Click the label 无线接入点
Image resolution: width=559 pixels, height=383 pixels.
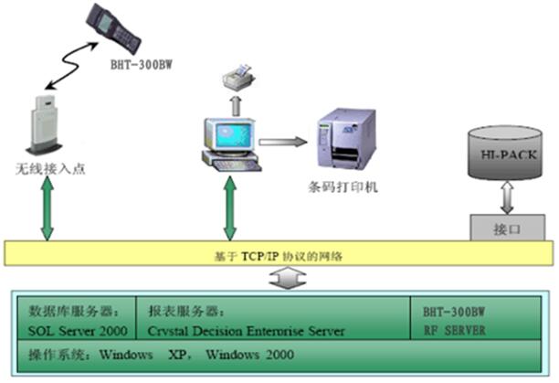pos(48,170)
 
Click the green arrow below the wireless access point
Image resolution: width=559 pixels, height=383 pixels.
pos(45,211)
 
